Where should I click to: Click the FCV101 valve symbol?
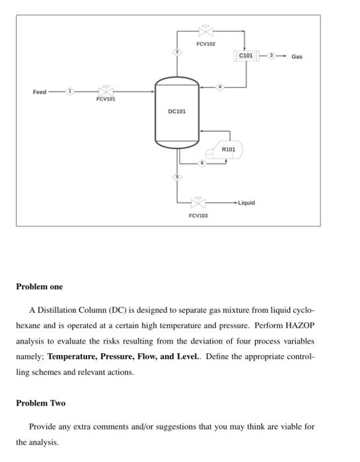point(105,91)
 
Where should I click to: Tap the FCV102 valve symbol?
point(205,31)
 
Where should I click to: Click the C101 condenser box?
point(246,56)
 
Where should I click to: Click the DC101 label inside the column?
point(177,112)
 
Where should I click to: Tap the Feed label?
point(40,92)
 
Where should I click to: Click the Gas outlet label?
point(297,57)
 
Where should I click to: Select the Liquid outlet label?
point(246,203)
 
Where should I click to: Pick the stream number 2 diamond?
point(177,52)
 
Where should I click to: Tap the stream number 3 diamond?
point(270,56)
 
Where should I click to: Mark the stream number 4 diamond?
point(221,86)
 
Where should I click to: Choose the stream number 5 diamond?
point(177,177)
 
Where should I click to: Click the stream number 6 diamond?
point(204,163)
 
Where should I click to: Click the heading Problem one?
point(40,287)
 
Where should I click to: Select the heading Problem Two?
point(41,403)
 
